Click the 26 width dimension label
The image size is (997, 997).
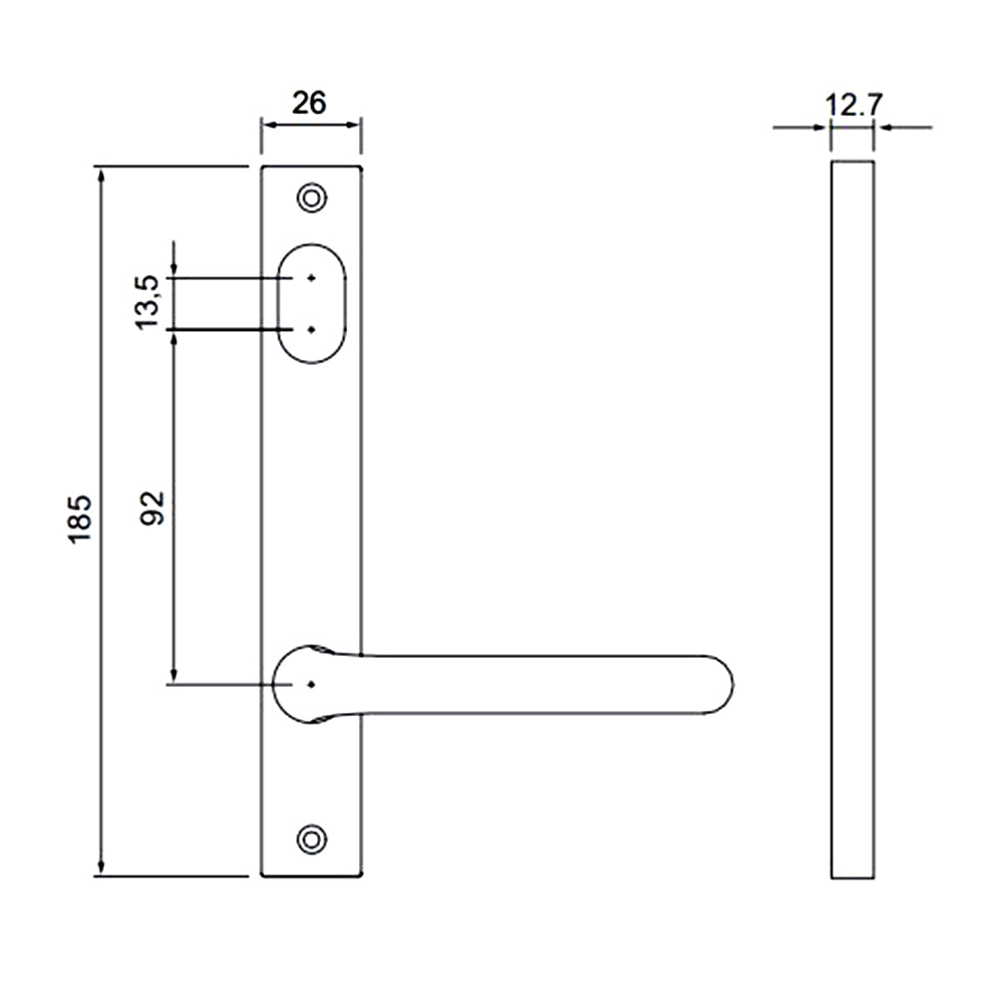tap(309, 103)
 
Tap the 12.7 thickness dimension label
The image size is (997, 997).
tap(853, 105)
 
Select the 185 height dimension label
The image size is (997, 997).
tap(81, 518)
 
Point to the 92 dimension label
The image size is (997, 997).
tap(153, 508)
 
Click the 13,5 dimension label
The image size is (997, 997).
tap(148, 302)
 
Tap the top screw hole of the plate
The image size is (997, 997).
tap(311, 198)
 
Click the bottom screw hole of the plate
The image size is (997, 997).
tap(311, 839)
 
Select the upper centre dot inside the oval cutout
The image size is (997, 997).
tap(311, 278)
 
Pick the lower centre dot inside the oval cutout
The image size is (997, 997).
tap(311, 329)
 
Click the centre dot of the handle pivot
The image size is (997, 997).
tap(311, 684)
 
